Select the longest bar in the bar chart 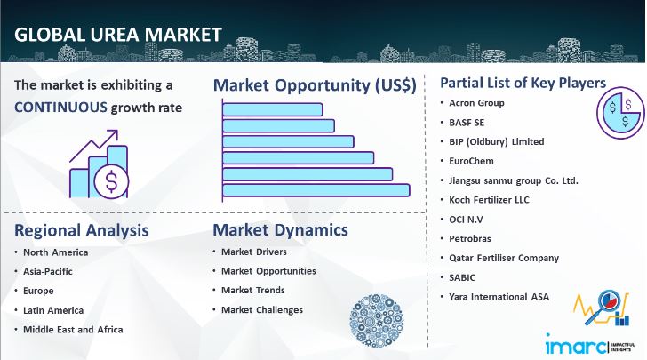click(316, 189)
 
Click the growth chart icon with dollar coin click(99, 166)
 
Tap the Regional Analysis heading click(81, 231)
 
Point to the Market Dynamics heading click(280, 231)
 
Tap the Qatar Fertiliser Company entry click(504, 258)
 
